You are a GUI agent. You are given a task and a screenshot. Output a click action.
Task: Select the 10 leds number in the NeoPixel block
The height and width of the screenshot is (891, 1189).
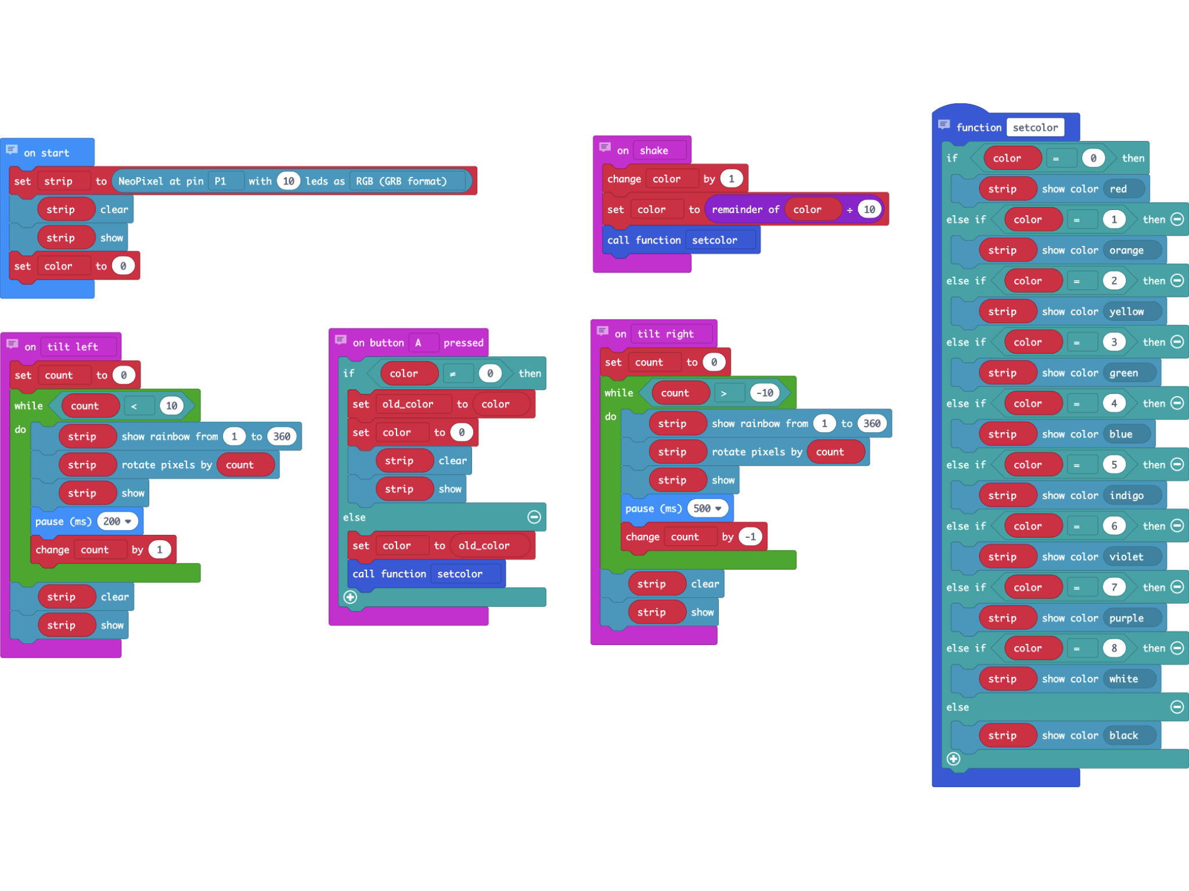(x=289, y=181)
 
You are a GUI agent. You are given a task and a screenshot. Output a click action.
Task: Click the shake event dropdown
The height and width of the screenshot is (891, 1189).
(x=658, y=151)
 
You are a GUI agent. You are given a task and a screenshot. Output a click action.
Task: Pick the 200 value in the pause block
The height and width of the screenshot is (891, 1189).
(x=117, y=521)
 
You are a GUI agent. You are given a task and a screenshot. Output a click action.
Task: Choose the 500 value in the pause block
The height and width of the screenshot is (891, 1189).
(x=707, y=509)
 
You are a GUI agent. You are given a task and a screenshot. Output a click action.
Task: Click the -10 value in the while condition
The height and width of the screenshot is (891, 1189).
(x=765, y=393)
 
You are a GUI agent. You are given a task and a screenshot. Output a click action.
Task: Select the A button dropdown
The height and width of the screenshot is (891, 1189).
(x=421, y=343)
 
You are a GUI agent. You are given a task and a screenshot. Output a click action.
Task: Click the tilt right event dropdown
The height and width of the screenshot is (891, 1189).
(x=671, y=334)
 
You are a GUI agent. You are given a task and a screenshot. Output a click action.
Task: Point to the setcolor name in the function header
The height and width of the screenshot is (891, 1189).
(x=1035, y=128)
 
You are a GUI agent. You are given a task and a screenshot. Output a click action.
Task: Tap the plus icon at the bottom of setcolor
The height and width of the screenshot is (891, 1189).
(x=953, y=759)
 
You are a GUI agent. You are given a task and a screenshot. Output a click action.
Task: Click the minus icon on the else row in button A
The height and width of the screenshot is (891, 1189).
(x=534, y=517)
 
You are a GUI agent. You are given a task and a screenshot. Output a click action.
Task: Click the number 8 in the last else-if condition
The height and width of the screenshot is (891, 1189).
(x=1114, y=649)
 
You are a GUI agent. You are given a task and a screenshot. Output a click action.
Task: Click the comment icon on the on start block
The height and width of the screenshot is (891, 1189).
(x=12, y=150)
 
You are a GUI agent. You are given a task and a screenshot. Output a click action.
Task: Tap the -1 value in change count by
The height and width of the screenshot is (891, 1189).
(x=751, y=537)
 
